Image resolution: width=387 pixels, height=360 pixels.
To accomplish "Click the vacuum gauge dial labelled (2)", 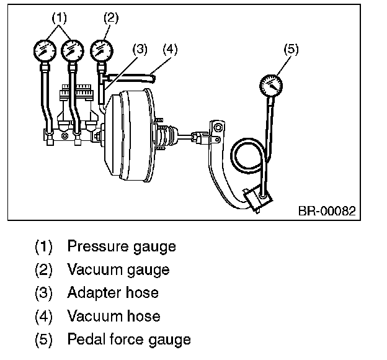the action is [102, 51].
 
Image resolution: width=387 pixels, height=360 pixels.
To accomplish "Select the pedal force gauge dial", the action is [271, 86].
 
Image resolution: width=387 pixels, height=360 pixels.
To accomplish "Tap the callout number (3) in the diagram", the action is [140, 49].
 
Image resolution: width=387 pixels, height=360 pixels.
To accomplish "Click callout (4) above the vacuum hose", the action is [170, 49].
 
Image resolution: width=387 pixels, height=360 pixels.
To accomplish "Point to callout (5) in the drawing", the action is [291, 49].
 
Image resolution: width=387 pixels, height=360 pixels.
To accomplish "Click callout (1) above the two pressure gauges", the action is [60, 18].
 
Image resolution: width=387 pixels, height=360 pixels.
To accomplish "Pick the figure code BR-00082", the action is [327, 211].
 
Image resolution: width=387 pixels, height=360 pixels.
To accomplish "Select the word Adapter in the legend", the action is [94, 293].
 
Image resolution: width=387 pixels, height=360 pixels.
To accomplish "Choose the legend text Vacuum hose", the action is [113, 316].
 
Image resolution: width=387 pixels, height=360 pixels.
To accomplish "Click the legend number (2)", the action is [43, 269].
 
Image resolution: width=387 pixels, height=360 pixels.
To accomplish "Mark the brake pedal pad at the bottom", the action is [257, 199].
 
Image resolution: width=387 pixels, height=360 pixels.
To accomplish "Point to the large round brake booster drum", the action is [129, 135].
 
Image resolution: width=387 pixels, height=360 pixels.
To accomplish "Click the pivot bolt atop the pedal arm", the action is [218, 128].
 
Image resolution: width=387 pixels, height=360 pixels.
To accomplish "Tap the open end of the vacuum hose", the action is [153, 79].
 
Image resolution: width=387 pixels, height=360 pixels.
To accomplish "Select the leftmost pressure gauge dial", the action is [45, 51].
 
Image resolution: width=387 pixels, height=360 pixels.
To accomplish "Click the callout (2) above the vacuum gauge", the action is [111, 18].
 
